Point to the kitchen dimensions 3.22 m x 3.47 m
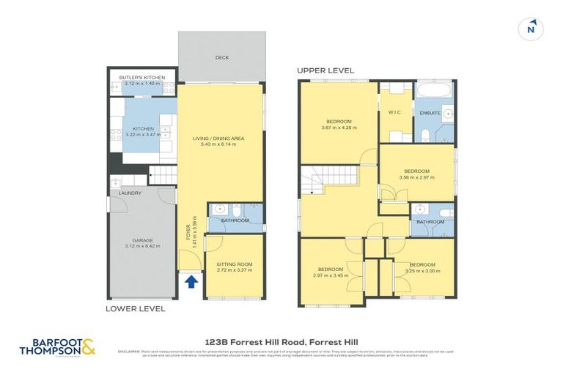pos(144,135)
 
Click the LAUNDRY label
pos(120,193)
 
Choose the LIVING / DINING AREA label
pos(218,138)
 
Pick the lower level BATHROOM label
pos(235,220)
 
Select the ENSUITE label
pos(430,113)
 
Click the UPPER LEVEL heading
pos(325,70)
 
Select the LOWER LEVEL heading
pos(135,309)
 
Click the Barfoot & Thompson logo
pos(63,346)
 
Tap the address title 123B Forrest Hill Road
pos(281,341)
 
